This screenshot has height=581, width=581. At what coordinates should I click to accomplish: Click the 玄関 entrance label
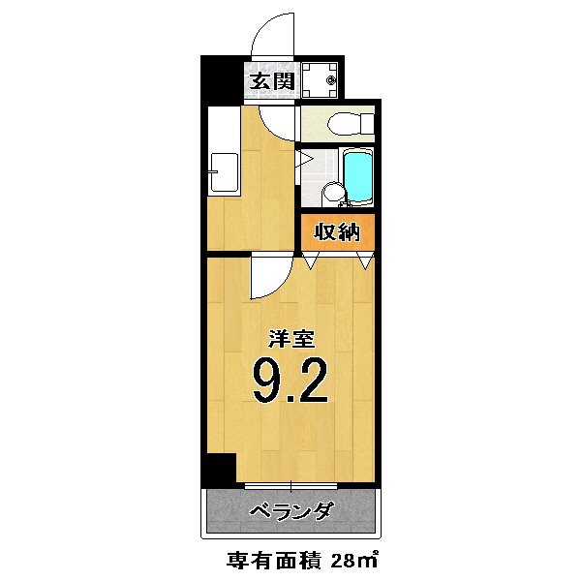coord(272,80)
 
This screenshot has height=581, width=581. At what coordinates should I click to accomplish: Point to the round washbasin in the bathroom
coord(331,193)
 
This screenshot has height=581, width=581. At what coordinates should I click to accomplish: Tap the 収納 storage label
coord(336,232)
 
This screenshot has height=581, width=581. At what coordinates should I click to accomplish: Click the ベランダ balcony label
coord(290,511)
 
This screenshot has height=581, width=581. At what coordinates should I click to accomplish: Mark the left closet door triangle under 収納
coord(310,260)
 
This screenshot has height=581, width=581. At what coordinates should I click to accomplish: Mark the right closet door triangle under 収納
coord(365,260)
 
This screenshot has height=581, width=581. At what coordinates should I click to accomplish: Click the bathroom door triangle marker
coord(302,159)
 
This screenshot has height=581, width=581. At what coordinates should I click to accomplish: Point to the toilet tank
coord(364,124)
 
